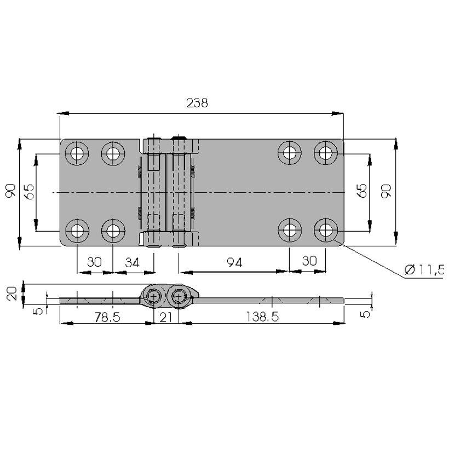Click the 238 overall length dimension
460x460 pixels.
[x=197, y=103]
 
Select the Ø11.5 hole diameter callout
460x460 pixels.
[x=424, y=269]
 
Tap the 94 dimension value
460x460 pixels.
[x=234, y=263]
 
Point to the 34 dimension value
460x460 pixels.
[x=132, y=262]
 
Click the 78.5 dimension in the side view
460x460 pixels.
[x=107, y=317]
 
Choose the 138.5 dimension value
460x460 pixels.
[x=262, y=317]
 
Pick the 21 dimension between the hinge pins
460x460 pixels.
[x=166, y=318]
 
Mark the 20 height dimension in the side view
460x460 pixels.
[x=12, y=294]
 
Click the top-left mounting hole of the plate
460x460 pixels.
[x=77, y=153]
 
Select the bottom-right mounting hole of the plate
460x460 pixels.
[x=326, y=231]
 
